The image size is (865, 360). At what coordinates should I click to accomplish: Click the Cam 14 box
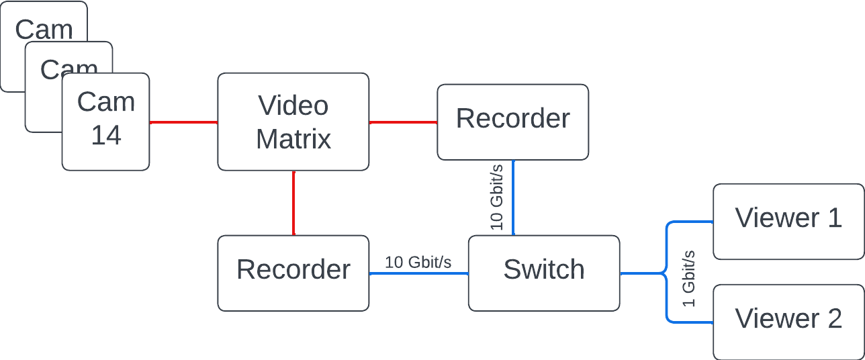(x=105, y=121)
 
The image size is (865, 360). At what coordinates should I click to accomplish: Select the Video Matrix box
(x=293, y=122)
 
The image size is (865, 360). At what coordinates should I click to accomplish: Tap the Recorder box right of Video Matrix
(x=513, y=122)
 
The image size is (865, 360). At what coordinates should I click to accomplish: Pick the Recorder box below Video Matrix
(x=293, y=273)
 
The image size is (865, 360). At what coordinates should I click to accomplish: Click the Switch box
(x=544, y=273)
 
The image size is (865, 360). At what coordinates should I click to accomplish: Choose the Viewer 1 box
(x=788, y=221)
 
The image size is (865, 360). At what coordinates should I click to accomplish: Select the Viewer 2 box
(x=788, y=322)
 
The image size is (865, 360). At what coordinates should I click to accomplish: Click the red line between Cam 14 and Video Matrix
(x=183, y=122)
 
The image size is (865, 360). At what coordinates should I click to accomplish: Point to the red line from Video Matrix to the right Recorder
(x=403, y=122)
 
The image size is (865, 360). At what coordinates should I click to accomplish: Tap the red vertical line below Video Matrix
(x=293, y=202)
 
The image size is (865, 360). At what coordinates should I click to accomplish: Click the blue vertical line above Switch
(x=514, y=197)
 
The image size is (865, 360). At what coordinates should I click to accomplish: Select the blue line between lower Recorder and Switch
(x=418, y=273)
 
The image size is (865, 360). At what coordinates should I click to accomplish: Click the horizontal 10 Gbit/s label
(x=418, y=262)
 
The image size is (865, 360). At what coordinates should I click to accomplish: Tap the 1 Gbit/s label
(x=689, y=278)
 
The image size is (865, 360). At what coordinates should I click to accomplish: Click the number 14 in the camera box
(x=106, y=136)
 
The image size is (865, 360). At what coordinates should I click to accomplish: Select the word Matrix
(x=293, y=139)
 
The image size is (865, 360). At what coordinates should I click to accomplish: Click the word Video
(x=293, y=105)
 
